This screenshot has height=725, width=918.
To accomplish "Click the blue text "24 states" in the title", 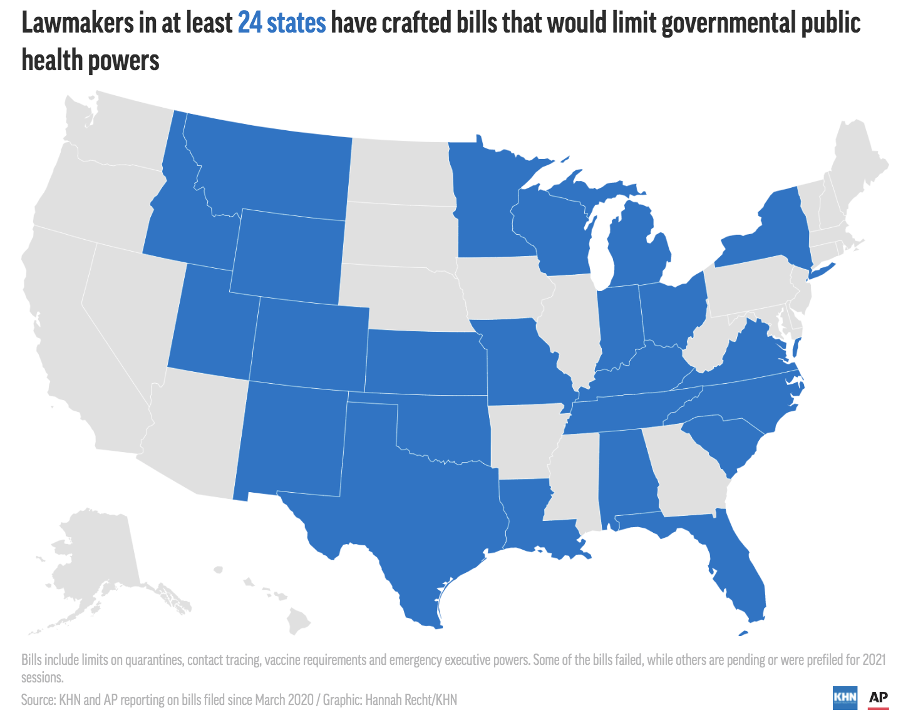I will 282,24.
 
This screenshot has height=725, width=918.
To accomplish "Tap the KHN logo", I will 845,697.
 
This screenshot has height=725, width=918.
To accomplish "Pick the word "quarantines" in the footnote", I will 154,660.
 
